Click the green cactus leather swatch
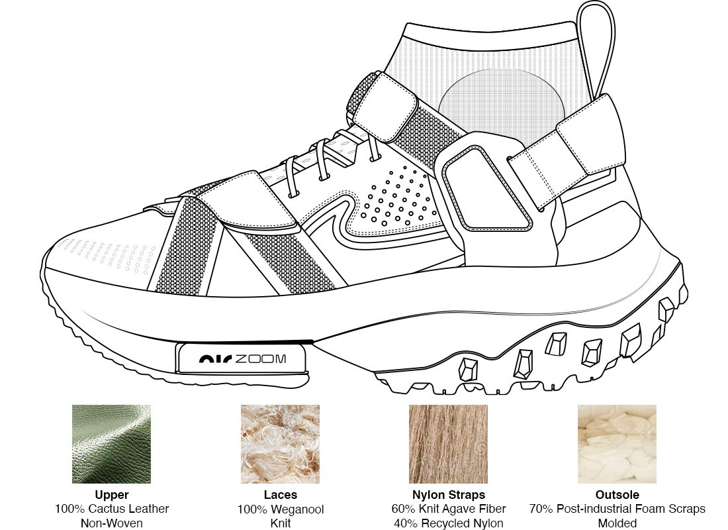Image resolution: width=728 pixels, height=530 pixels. click(x=111, y=444)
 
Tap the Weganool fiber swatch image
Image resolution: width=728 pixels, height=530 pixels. click(x=280, y=444)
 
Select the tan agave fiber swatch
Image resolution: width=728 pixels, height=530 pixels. click(x=448, y=444)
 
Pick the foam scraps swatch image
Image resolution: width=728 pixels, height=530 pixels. click(x=617, y=444)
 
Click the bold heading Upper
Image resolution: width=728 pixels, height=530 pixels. click(x=111, y=495)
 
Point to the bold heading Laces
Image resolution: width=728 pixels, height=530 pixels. click(x=280, y=495)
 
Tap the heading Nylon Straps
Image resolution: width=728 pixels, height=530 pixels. click(x=448, y=495)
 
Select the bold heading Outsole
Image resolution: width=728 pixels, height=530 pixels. click(x=617, y=495)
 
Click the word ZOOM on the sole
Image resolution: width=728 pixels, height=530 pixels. click(x=261, y=359)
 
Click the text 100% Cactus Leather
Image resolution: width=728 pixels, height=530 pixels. click(x=111, y=509)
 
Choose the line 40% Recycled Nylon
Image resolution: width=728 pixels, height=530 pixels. click(x=448, y=523)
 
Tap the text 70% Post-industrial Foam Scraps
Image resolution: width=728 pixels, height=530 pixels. click(x=617, y=509)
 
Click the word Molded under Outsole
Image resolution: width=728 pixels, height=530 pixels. click(x=617, y=523)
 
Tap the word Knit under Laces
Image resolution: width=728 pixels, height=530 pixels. click(x=280, y=523)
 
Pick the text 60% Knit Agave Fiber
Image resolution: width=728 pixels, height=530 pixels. click(x=448, y=509)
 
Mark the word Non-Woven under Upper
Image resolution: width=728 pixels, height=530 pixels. click(x=111, y=523)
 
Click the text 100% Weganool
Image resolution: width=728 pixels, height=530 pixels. click(x=280, y=509)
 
